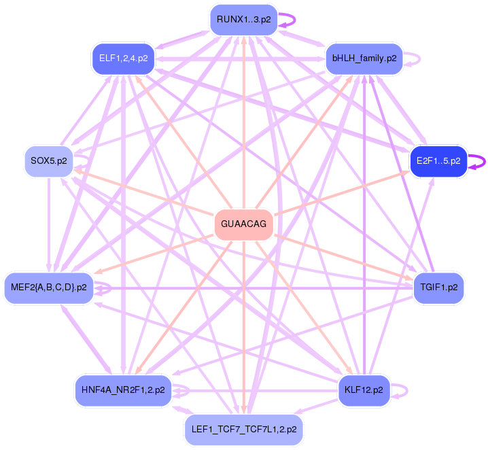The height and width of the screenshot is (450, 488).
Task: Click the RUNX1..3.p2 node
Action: click(243, 19)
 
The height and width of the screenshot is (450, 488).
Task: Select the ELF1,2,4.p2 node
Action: click(123, 58)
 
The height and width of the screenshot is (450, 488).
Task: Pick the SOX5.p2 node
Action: click(48, 161)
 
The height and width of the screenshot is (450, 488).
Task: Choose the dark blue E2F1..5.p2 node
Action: click(438, 161)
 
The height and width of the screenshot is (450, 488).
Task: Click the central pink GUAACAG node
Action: click(243, 224)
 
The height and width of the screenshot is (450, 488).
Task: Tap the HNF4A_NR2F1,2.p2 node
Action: click(123, 390)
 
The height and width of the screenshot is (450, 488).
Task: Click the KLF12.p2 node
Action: click(364, 390)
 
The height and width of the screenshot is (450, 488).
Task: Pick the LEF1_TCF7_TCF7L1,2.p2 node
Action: click(243, 430)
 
